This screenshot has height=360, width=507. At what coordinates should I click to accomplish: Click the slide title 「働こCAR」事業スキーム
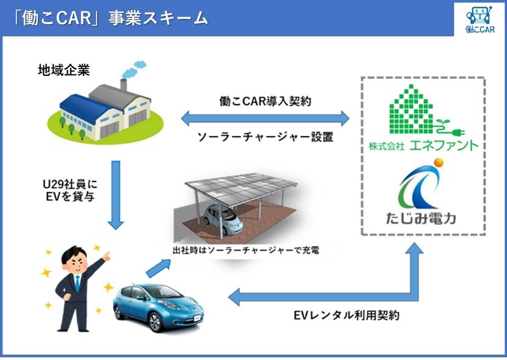[111, 18]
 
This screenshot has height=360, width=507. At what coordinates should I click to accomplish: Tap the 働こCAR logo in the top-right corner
[480, 20]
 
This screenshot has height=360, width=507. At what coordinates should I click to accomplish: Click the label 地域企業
[64, 70]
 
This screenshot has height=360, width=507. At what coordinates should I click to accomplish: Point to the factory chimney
[123, 85]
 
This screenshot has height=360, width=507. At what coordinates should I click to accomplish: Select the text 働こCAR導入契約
[265, 101]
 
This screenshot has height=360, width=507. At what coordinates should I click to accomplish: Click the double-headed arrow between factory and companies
[265, 118]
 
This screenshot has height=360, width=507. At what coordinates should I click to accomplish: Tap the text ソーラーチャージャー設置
[265, 137]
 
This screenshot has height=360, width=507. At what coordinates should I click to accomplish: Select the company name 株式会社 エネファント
[424, 145]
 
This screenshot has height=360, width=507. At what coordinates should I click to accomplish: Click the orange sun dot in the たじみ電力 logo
[439, 163]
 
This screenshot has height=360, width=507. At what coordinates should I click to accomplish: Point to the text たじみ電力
[421, 218]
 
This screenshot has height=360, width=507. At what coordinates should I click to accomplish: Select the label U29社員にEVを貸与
[70, 190]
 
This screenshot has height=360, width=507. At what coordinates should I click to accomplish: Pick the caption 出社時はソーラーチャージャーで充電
[246, 251]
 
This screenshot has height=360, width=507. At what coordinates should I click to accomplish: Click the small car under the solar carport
[223, 218]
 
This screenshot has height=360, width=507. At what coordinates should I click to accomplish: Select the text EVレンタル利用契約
[346, 315]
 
